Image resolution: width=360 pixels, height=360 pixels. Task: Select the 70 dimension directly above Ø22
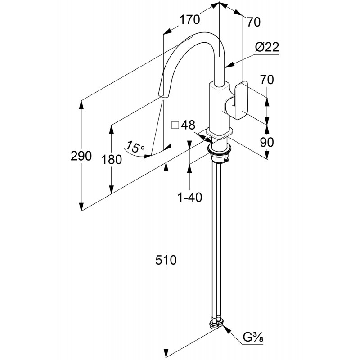(254, 21)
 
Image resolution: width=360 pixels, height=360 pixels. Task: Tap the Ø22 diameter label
(267, 47)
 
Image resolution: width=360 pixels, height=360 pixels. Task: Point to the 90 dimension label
(267, 142)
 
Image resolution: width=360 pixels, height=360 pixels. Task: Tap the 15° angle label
(135, 147)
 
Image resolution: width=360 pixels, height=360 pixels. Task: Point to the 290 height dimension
(81, 156)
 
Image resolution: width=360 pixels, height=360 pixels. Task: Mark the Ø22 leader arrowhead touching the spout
(227, 68)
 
